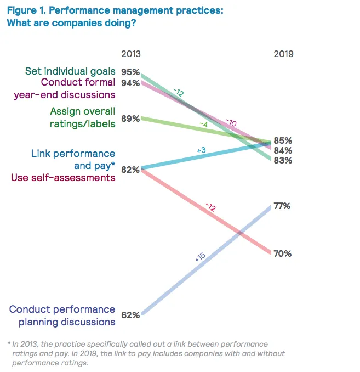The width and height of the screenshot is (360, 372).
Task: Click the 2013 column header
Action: pos(130,54)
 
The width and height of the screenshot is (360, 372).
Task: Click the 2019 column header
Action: pos(283,54)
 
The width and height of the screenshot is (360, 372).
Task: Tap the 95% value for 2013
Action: pos(130,72)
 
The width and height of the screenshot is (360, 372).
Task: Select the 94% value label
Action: pos(130,83)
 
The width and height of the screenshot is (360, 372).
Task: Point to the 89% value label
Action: pos(130,119)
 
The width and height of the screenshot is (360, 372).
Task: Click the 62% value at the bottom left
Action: pos(130,315)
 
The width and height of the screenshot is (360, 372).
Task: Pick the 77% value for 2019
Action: pos(282,206)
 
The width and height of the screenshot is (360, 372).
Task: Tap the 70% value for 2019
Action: pos(282,253)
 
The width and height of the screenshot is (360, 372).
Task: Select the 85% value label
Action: pos(282,140)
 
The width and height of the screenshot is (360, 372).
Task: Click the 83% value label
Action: pos(282,161)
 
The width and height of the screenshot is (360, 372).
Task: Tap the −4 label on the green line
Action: pos(203,125)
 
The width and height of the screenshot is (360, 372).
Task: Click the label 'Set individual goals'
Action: pos(70,71)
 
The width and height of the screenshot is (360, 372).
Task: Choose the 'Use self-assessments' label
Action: pos(64,178)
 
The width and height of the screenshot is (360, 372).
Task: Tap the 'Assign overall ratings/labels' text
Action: pos(82,117)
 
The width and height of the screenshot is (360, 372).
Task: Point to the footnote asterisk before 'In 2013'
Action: pos(9,343)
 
